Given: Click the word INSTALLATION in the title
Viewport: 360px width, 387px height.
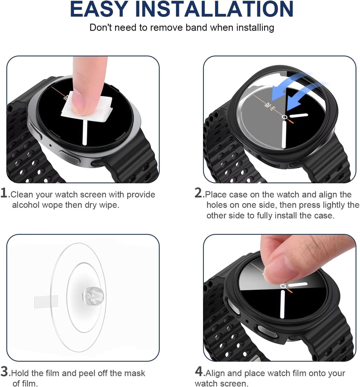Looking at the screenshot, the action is [x=214, y=9].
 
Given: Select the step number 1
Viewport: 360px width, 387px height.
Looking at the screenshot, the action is [x=4, y=193].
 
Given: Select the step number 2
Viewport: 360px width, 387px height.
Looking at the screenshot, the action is [x=198, y=193].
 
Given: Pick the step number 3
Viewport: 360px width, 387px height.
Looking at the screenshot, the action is [x=4, y=371].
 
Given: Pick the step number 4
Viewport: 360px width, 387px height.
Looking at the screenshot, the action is [x=199, y=371].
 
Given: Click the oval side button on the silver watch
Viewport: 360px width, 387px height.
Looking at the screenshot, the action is [x=70, y=157].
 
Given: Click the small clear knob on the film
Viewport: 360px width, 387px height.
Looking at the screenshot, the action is [x=93, y=295].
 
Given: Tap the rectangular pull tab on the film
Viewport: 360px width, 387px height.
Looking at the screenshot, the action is [x=46, y=302].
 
